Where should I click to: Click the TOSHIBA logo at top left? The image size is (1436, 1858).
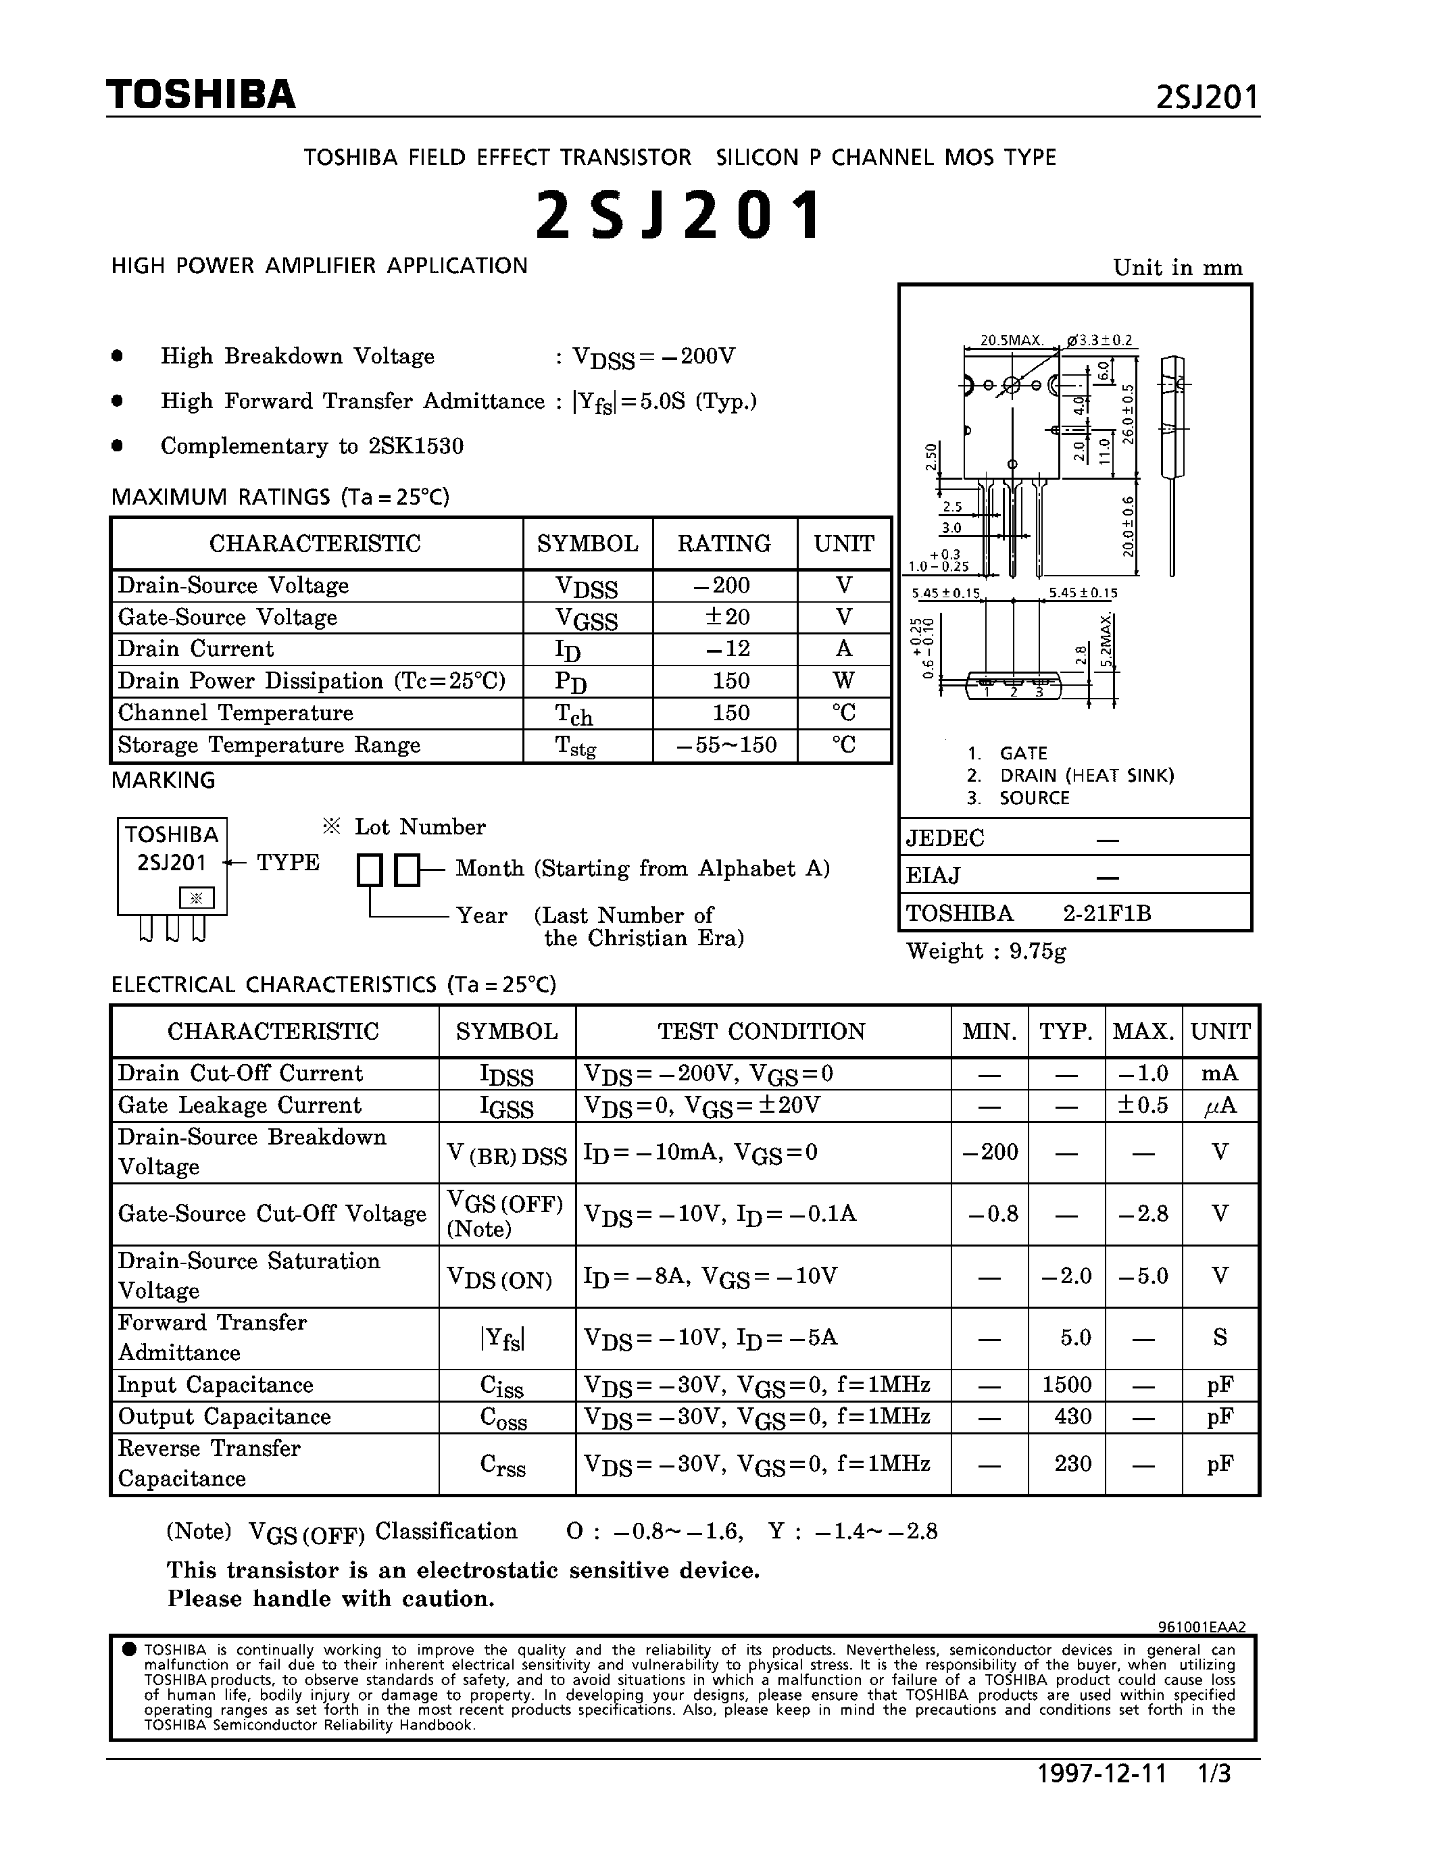click(x=201, y=95)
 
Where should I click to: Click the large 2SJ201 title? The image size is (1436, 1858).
click(x=679, y=214)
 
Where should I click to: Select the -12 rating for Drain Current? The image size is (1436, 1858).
click(x=725, y=649)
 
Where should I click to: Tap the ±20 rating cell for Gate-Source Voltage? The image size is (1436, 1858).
click(x=725, y=618)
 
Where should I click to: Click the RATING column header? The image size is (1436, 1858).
click(x=724, y=544)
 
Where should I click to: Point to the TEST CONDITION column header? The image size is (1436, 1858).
click(x=762, y=1031)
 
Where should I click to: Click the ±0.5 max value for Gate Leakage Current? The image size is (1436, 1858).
click(x=1143, y=1105)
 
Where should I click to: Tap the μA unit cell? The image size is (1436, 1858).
click(x=1220, y=1105)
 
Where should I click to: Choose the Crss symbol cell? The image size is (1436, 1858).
click(x=503, y=1464)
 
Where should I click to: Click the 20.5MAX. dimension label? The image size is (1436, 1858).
click(x=1012, y=341)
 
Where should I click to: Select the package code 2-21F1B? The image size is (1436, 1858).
click(x=1107, y=913)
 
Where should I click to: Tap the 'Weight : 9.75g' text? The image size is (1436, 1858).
click(x=986, y=951)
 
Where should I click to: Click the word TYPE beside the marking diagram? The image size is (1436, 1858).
click(x=289, y=863)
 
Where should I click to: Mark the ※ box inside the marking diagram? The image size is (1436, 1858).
click(x=197, y=897)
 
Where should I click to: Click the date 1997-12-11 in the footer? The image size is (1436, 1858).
click(x=1101, y=1774)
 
